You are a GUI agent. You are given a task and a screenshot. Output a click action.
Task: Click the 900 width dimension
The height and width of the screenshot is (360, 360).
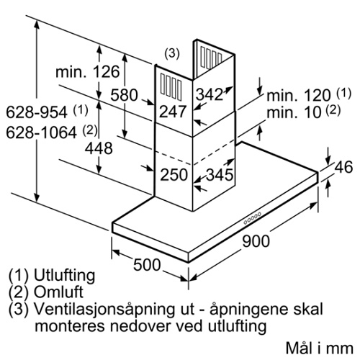[x=256, y=241]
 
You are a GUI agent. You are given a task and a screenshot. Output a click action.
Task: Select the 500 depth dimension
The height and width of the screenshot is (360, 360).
[x=147, y=265]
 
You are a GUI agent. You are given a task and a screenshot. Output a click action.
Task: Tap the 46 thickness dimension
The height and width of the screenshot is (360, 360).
[x=343, y=167]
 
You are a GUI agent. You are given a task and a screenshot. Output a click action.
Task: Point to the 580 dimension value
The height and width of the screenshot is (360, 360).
[x=124, y=95]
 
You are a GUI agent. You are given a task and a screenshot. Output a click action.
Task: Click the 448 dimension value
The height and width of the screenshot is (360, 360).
[x=99, y=148]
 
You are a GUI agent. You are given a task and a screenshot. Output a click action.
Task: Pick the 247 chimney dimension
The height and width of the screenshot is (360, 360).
[x=173, y=112]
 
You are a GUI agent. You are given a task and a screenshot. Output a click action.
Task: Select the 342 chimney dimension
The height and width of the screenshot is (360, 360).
[x=210, y=94]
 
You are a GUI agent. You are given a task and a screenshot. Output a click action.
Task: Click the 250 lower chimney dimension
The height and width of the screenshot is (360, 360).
[x=174, y=174]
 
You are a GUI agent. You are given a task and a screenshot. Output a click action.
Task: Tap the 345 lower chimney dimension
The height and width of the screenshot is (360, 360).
[x=220, y=174]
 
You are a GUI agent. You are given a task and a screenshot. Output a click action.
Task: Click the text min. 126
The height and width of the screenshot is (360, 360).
[x=88, y=71]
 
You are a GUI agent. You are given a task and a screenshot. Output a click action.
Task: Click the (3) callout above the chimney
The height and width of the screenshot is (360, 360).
[x=172, y=54]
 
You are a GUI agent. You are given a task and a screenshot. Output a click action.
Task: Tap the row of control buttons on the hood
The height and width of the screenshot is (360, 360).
[x=252, y=218]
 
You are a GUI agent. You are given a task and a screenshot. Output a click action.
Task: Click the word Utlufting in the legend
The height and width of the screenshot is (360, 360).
[x=65, y=275]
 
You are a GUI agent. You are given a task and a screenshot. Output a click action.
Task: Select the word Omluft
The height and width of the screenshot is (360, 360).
[x=58, y=292]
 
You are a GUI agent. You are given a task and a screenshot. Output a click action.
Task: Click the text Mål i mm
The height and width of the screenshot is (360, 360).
[x=320, y=348]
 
